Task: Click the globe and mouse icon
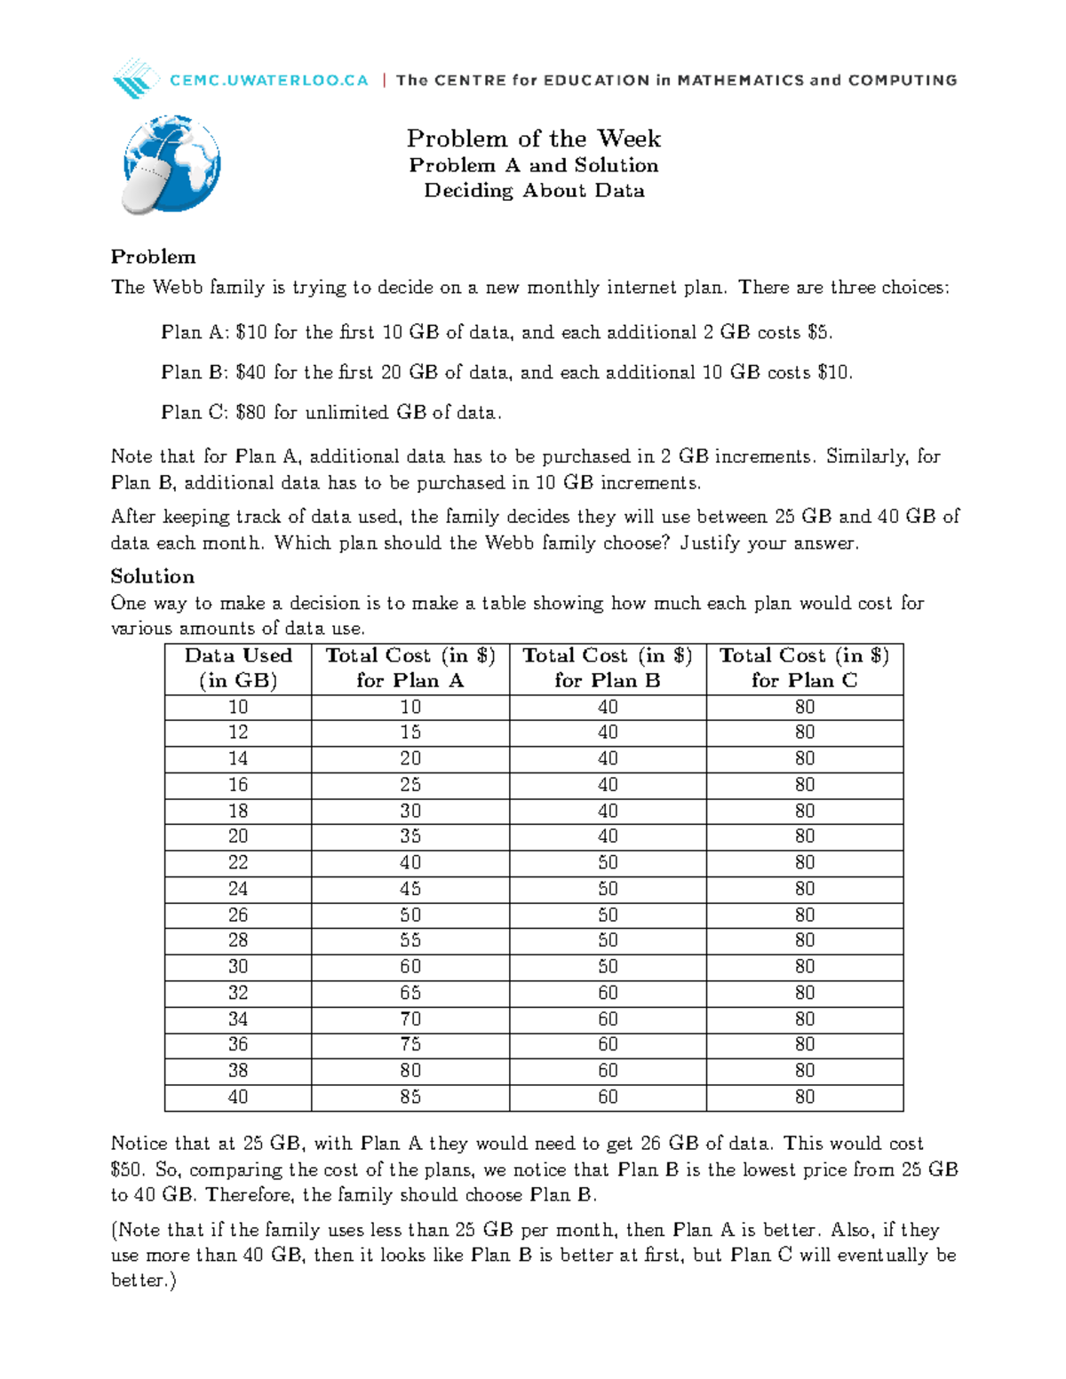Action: coord(171,165)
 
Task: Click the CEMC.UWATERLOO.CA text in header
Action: coord(268,80)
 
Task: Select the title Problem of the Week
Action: coord(533,139)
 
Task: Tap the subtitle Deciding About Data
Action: coord(533,191)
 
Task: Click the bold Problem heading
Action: coord(153,258)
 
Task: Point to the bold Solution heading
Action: coord(152,576)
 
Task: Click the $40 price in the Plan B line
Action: coord(251,373)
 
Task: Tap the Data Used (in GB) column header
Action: coord(238,668)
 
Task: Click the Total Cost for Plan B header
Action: coord(608,668)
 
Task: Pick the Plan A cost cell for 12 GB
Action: coord(410,733)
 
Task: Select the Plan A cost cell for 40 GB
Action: coord(410,1098)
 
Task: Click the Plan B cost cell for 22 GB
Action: coord(608,863)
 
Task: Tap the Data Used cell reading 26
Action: coord(238,915)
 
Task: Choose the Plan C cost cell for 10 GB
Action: coord(805,708)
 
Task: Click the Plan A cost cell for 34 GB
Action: coord(410,1019)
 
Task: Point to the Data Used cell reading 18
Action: coord(238,812)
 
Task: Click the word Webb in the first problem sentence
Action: coord(178,288)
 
